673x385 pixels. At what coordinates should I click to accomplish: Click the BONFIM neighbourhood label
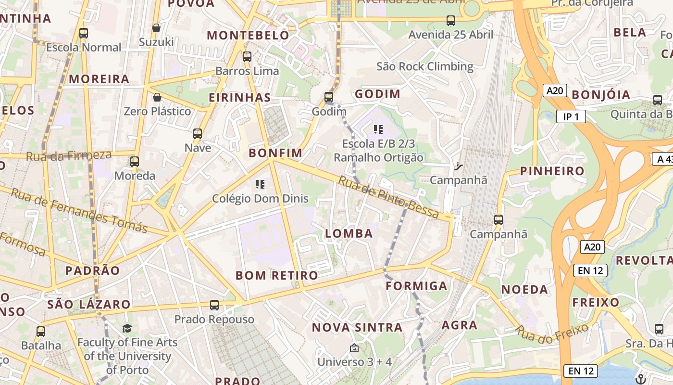click(x=275, y=154)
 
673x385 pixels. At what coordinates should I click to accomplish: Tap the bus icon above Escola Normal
click(x=84, y=33)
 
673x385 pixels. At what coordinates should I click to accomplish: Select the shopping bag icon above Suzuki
click(x=156, y=28)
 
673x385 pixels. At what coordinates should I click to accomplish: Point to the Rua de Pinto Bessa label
click(x=388, y=198)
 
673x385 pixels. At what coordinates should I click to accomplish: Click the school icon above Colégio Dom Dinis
click(x=260, y=184)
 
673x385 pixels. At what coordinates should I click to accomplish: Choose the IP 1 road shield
click(x=571, y=116)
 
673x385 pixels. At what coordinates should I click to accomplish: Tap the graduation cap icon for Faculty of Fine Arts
click(x=127, y=328)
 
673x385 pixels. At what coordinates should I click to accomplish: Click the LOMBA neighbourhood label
click(x=349, y=234)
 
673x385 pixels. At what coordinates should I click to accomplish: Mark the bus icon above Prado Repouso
click(x=214, y=305)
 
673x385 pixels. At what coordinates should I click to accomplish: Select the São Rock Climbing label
click(x=425, y=66)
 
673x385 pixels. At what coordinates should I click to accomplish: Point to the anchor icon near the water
click(x=640, y=378)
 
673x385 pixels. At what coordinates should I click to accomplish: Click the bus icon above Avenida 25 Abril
click(x=450, y=21)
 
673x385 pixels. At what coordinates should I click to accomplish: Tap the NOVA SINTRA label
click(x=357, y=328)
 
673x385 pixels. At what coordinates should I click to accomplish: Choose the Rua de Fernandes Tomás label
click(x=79, y=210)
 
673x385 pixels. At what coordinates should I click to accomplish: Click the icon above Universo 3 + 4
click(x=354, y=347)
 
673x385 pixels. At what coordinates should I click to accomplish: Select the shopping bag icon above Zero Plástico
click(x=157, y=97)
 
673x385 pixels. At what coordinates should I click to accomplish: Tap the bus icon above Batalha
click(x=41, y=331)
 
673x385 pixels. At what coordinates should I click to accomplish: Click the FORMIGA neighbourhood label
click(x=416, y=286)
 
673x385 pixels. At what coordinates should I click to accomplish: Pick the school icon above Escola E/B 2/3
click(x=378, y=129)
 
